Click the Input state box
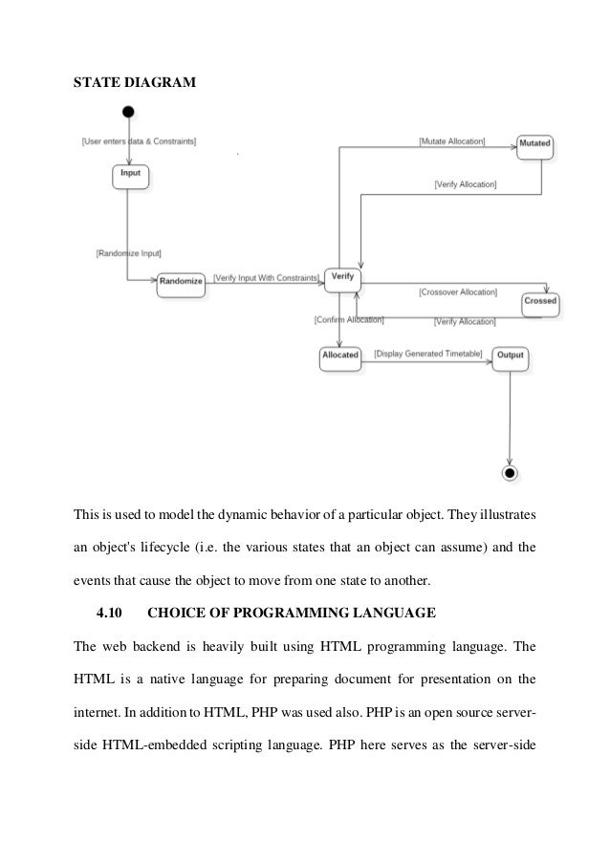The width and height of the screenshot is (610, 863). [x=131, y=176]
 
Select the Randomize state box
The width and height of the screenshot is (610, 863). [x=181, y=282]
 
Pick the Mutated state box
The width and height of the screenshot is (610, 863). [x=534, y=146]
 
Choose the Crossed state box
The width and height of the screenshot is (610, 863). [x=540, y=303]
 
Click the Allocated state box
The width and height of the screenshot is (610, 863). [x=339, y=356]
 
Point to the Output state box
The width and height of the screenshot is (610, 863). [x=509, y=356]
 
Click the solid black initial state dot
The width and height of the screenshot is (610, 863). [x=129, y=112]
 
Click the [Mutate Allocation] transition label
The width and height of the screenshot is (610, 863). [x=451, y=141]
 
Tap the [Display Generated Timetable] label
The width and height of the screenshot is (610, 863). [x=427, y=353]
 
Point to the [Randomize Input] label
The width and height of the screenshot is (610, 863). [x=128, y=253]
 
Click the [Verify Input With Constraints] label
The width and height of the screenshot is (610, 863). [x=265, y=277]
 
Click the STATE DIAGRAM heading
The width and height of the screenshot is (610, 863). [x=135, y=83]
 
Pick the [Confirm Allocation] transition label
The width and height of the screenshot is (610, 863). [x=348, y=319]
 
